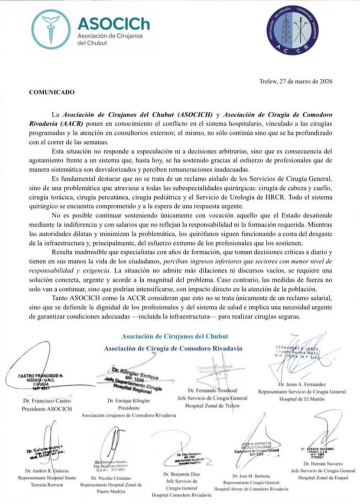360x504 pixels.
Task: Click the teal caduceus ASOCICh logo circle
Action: coord(51,29)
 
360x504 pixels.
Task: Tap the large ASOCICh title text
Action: coord(113,24)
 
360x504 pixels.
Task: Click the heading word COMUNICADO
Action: coord(52,92)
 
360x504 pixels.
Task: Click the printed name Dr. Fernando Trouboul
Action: coord(212,390)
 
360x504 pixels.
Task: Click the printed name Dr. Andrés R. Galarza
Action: coord(41,471)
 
